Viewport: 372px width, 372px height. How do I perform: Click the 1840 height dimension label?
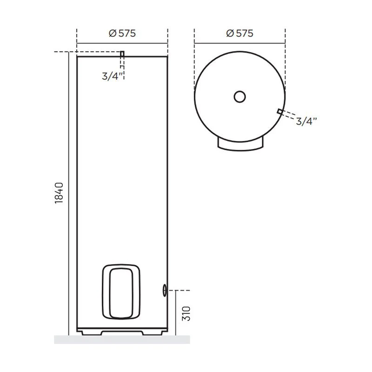[59, 193]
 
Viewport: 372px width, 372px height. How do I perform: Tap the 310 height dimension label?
[186, 313]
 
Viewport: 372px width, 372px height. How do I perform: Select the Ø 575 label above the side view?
[122, 33]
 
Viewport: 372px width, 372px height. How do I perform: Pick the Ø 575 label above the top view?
[239, 33]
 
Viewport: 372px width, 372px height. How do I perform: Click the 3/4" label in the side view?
[113, 76]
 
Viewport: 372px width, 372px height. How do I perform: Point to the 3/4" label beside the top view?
[306, 121]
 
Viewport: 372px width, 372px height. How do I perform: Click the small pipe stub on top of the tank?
[122, 54]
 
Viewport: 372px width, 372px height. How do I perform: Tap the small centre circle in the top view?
[239, 97]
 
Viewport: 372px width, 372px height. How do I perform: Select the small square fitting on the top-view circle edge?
[280, 111]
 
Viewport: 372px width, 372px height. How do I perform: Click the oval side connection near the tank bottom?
[165, 290]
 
